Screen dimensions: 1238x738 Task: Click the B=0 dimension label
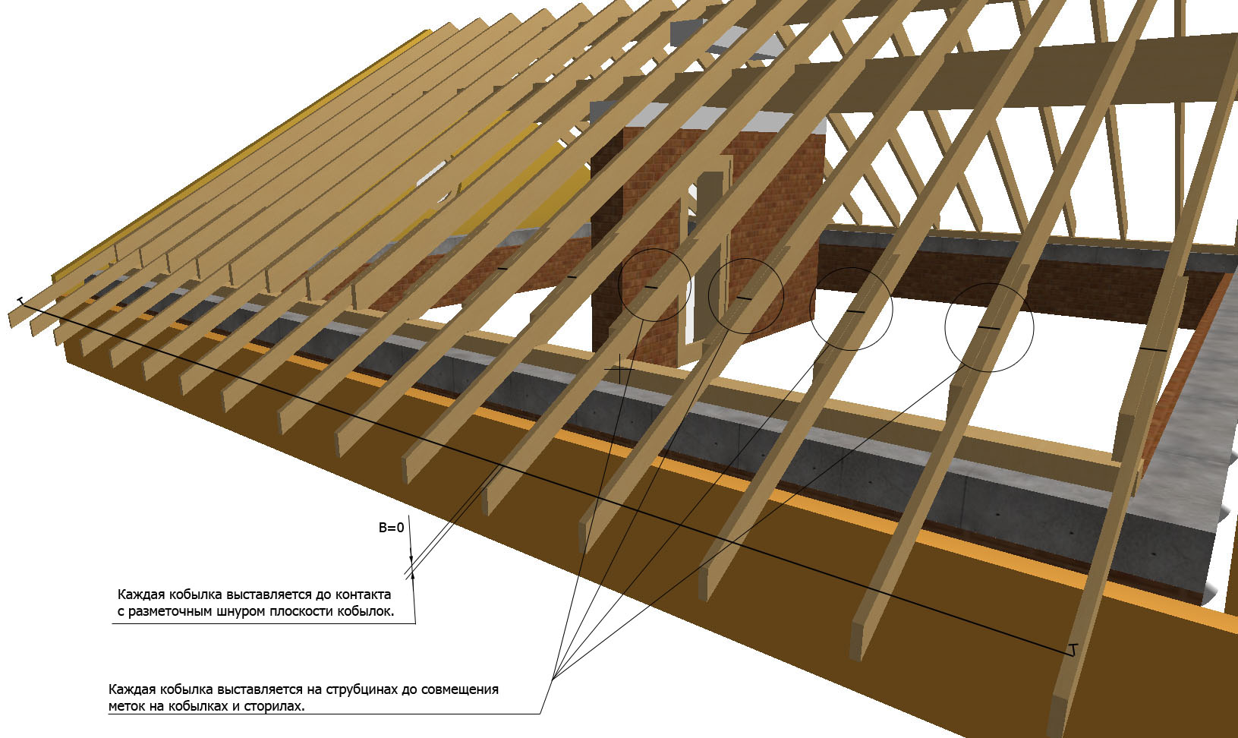click(x=392, y=528)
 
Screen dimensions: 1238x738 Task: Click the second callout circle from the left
click(x=746, y=259)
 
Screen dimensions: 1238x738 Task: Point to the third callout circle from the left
click(x=851, y=269)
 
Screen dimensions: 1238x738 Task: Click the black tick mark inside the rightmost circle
click(x=989, y=328)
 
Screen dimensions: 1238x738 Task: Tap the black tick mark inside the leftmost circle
click(x=651, y=287)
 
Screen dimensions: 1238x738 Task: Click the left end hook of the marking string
click(x=21, y=301)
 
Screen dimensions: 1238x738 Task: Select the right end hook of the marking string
click(x=1073, y=650)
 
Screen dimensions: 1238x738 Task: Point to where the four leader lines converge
click(x=553, y=678)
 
